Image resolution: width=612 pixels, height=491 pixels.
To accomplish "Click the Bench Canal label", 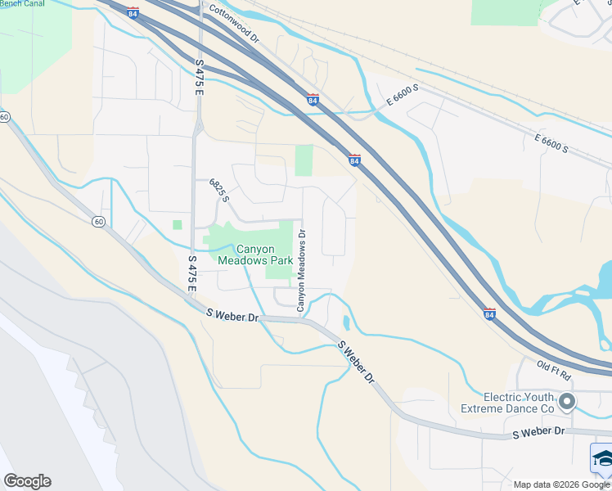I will (x=22, y=3).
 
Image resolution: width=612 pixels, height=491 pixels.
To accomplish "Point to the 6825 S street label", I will (x=219, y=191).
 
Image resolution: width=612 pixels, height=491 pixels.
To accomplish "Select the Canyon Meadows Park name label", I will (x=254, y=255).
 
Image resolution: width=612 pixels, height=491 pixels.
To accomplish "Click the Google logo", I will (x=27, y=481).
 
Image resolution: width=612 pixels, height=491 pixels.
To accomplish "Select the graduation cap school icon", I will (x=602, y=459).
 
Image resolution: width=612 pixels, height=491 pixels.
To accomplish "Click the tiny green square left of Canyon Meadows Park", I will (x=177, y=224).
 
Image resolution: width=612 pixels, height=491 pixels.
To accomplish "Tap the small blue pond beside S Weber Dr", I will (x=347, y=322).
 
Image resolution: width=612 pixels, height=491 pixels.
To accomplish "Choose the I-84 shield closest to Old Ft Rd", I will (x=489, y=313).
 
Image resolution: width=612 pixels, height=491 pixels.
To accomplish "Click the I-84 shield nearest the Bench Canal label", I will (x=133, y=13).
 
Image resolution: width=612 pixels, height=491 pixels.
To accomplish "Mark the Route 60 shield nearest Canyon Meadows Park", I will (x=98, y=221).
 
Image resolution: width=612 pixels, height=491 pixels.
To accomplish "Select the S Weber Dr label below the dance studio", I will (x=538, y=431).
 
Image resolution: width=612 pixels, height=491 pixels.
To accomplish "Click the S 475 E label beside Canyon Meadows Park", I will (x=193, y=273).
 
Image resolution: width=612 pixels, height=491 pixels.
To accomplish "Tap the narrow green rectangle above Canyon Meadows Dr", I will (x=304, y=160).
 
